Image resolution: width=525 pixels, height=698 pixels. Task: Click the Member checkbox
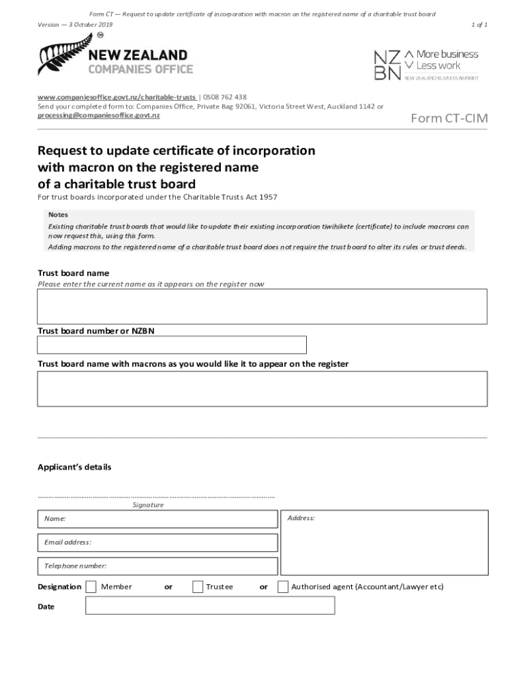click(x=91, y=587)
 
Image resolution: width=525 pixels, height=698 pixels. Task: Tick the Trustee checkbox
click(x=198, y=587)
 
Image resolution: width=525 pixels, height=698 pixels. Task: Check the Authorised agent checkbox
click(x=283, y=587)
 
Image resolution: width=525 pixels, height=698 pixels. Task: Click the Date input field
click(x=210, y=605)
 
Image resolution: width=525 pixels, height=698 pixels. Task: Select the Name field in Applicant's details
click(x=157, y=519)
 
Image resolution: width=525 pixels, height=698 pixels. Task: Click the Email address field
click(x=157, y=543)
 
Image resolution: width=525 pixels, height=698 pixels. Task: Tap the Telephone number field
click(x=157, y=566)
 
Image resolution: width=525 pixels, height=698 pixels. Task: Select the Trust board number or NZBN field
click(x=172, y=345)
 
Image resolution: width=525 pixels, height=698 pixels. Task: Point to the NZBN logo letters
click(x=387, y=65)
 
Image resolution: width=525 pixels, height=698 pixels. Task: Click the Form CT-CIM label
click(x=449, y=119)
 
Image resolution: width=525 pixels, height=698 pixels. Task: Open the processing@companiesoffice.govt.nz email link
click(x=99, y=116)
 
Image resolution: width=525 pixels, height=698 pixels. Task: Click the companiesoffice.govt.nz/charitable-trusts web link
click(x=117, y=97)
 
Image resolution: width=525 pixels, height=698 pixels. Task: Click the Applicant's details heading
click(x=74, y=468)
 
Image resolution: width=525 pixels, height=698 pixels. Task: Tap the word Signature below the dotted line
click(x=148, y=505)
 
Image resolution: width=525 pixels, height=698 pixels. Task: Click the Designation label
click(x=59, y=587)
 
